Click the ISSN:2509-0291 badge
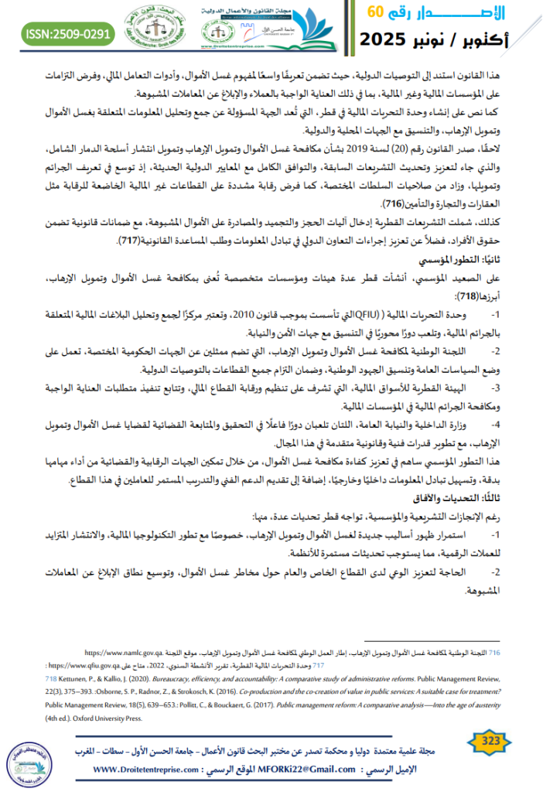[x=70, y=33]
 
